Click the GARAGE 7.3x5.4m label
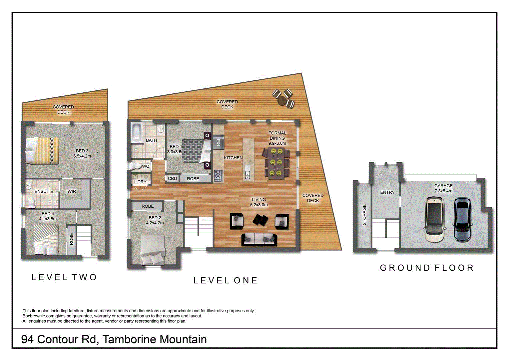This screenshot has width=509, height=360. [443, 188]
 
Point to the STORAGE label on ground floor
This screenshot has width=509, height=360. [364, 215]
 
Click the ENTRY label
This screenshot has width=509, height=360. [387, 192]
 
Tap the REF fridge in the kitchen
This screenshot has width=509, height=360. [219, 142]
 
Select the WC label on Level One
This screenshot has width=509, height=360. [146, 166]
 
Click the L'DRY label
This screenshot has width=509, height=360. [140, 182]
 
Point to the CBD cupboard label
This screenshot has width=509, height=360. [173, 179]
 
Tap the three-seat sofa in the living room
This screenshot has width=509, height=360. [259, 239]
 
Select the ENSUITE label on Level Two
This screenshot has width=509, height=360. [44, 191]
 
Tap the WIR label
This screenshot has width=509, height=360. [72, 191]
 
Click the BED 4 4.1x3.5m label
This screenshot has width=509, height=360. [48, 216]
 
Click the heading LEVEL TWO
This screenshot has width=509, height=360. [64, 277]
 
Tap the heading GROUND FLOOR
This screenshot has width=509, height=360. [427, 268]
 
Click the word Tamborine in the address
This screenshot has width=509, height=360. [129, 339]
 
